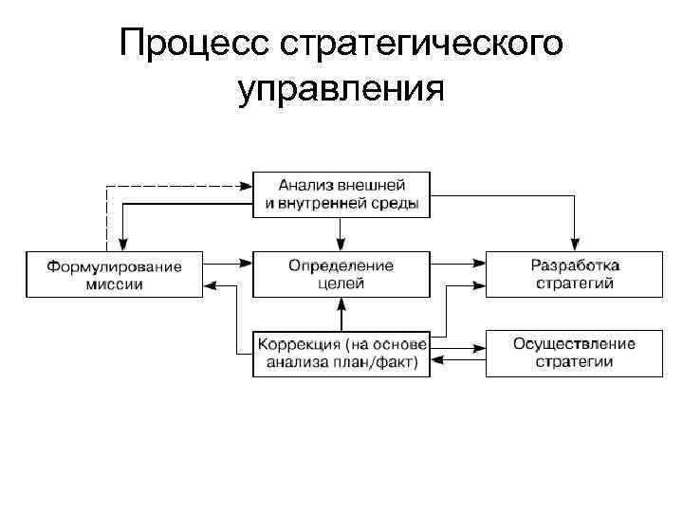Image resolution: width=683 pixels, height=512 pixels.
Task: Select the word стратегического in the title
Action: click(x=421, y=43)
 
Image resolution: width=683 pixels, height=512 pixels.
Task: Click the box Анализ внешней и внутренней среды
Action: click(x=341, y=194)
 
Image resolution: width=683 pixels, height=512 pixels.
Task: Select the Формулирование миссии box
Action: click(x=114, y=274)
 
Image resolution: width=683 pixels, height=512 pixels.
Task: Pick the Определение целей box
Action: click(x=341, y=274)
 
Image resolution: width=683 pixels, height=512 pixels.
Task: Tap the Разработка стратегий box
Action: click(x=574, y=274)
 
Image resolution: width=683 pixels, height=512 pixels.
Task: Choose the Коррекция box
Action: click(x=341, y=353)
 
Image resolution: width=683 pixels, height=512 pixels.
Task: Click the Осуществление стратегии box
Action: click(x=574, y=353)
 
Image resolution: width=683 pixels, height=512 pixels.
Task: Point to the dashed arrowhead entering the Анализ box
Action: click(x=246, y=185)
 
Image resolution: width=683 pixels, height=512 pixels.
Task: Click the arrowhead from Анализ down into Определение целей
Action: click(x=341, y=245)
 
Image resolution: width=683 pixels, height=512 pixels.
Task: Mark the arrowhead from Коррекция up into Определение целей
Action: click(x=341, y=303)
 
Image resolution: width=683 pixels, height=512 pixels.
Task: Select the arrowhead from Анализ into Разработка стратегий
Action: click(x=574, y=245)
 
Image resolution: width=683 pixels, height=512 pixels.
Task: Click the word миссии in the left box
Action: click(x=114, y=283)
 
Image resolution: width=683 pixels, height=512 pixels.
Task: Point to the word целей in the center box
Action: click(x=341, y=283)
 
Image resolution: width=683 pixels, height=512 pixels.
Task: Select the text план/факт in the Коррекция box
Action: click(x=380, y=361)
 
